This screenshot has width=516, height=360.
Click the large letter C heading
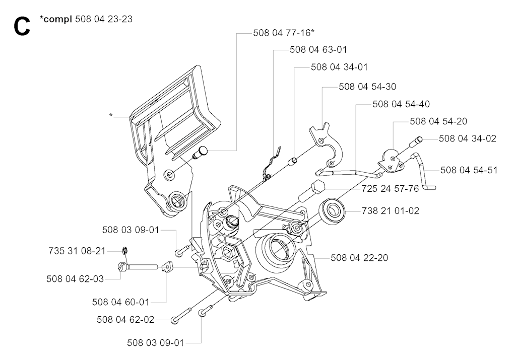(22, 26)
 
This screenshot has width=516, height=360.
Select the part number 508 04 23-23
(104, 19)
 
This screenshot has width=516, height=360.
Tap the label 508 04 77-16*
(284, 33)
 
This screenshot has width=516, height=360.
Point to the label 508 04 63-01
(318, 50)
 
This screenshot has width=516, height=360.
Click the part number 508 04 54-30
(367, 87)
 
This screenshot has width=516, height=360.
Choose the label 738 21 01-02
(391, 211)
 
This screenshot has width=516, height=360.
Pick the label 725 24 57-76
(390, 189)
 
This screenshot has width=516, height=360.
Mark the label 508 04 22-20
(359, 258)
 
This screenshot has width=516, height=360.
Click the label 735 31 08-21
(77, 251)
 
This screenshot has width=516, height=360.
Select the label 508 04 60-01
(121, 302)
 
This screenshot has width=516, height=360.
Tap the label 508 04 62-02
(125, 320)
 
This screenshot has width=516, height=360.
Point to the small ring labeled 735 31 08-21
(125, 251)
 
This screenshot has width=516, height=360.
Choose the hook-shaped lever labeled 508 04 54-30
(327, 147)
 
